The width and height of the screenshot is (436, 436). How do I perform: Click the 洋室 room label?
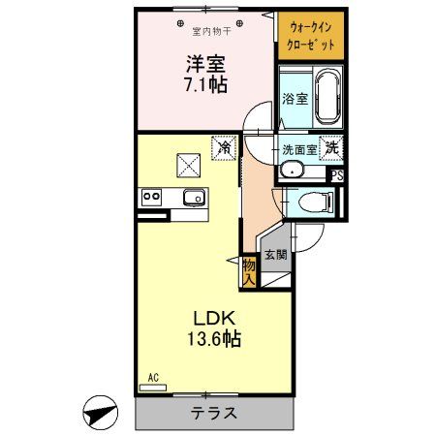[204, 64]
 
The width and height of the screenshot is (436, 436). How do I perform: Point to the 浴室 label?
[295, 99]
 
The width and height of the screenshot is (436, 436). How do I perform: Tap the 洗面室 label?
[298, 150]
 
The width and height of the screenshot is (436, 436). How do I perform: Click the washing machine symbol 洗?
[331, 149]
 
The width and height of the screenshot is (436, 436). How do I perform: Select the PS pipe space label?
[337, 175]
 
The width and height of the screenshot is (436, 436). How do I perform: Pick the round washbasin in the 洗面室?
[291, 171]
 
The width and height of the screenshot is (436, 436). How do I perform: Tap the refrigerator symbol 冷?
[224, 148]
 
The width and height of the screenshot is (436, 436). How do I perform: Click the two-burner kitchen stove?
[151, 197]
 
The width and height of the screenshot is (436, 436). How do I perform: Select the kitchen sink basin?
[193, 198]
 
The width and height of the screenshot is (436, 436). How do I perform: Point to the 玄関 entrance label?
[276, 256]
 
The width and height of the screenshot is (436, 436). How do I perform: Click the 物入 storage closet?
[249, 270]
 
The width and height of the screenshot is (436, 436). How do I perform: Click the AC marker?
[152, 377]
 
